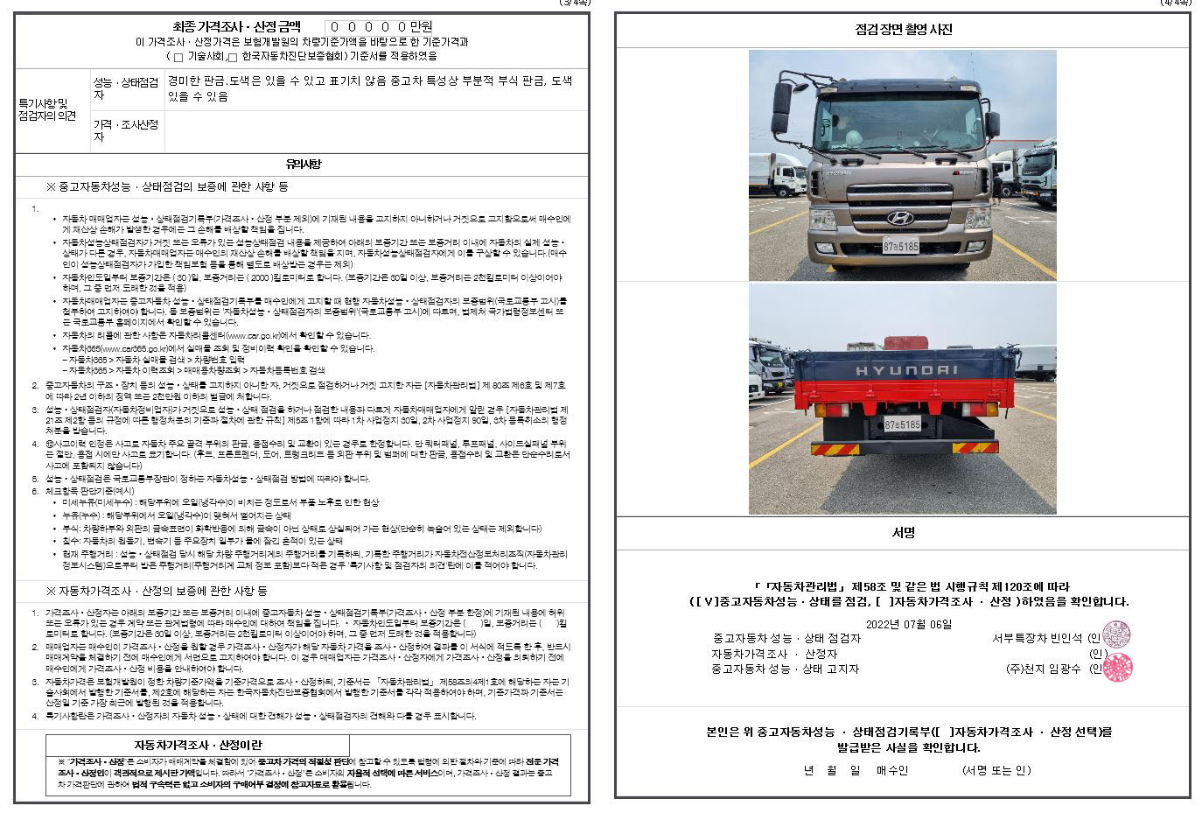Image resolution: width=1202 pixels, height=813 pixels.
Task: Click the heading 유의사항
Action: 303,165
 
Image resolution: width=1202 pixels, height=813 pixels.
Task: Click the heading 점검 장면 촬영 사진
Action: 903,30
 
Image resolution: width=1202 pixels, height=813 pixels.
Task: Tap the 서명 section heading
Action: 903,533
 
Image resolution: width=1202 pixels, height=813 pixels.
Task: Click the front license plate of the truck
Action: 900,247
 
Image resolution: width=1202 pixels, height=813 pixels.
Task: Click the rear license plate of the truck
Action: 902,424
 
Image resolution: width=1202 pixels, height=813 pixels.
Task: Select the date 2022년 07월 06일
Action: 907,624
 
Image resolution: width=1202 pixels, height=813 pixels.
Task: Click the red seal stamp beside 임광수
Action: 1116,668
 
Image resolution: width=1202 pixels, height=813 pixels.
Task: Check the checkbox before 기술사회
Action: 178,58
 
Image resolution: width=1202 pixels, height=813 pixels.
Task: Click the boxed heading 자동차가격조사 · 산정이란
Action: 198,745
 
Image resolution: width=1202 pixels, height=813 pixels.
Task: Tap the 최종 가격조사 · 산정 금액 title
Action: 236,27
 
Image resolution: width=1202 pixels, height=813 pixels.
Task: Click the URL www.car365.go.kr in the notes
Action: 132,348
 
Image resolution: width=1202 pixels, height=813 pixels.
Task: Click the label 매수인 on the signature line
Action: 891,770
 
